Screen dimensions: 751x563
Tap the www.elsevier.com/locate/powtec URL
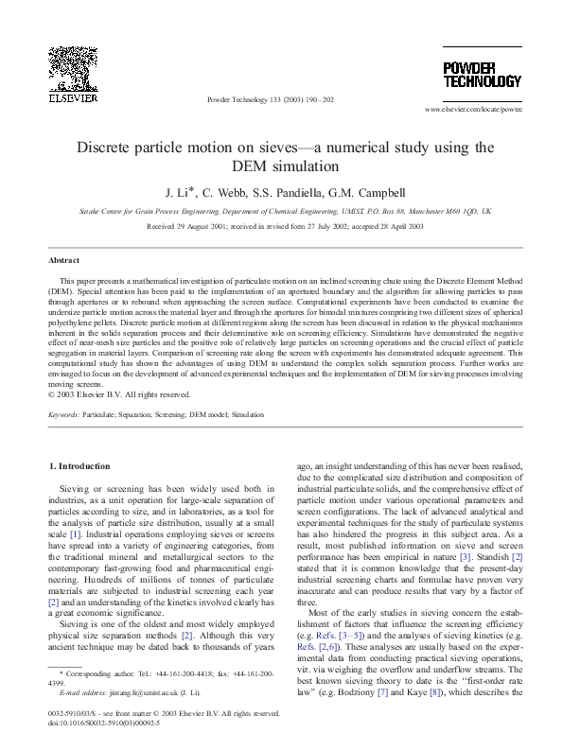(473, 111)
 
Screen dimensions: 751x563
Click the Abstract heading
(64, 259)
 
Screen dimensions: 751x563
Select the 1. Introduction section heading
(83, 466)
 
